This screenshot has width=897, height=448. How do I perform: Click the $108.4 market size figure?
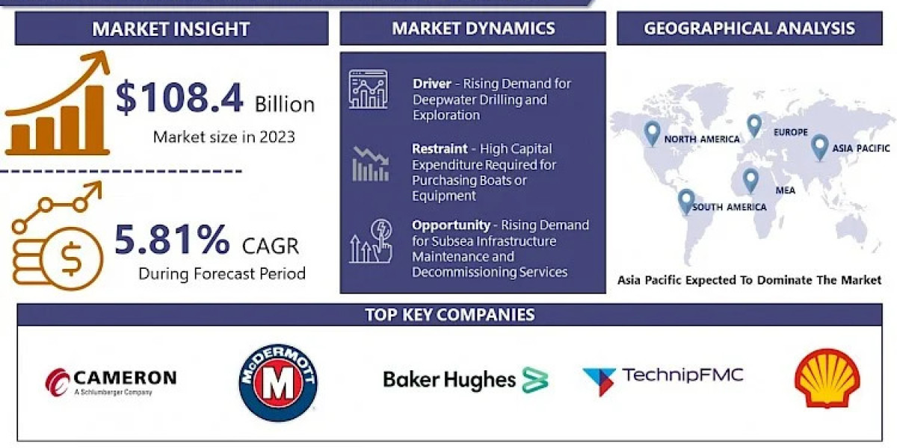pos(179,97)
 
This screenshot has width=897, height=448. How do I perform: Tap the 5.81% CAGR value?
pos(172,240)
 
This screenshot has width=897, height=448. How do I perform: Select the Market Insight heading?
pos(171,29)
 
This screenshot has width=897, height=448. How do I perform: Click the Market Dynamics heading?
pos(473,28)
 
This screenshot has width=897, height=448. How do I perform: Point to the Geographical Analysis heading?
pos(749,28)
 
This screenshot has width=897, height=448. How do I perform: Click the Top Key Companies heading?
pos(450,315)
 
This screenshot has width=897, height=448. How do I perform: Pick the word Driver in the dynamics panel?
pos(432,84)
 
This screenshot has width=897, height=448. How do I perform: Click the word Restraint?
pos(440,149)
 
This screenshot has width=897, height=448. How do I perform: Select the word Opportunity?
pos(451,225)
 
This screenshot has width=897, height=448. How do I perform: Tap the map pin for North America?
pos(652,133)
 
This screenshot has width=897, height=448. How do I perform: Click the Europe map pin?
pos(754,125)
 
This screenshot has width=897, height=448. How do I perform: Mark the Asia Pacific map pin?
pos(820,147)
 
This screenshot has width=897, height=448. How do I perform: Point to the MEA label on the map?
pos(786,190)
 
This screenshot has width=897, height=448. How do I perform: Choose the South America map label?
pos(730,208)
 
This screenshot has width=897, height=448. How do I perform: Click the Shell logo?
pos(827,378)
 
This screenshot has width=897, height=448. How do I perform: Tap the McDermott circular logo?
pos(278,383)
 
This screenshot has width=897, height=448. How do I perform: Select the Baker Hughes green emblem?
pos(535,379)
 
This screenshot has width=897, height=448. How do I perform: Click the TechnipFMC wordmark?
pos(682,375)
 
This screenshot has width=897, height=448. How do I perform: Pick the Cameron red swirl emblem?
pos(58,382)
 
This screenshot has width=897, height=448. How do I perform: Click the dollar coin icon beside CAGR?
pos(71,259)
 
